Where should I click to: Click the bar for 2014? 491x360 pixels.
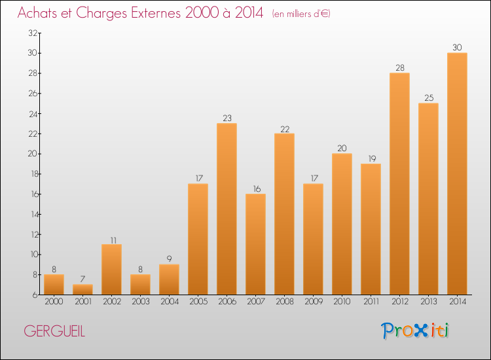[x=457, y=173]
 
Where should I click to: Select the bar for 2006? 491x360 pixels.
[x=227, y=209]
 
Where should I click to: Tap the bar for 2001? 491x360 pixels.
[x=82, y=289]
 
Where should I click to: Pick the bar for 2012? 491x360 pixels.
[x=399, y=183]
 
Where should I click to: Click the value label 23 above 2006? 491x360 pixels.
[x=227, y=118]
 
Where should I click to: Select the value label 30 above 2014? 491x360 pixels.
[x=457, y=48]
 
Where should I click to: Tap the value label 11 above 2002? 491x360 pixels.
[x=111, y=240]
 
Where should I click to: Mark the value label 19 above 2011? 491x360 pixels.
[x=371, y=159]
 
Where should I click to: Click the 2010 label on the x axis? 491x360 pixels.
[x=342, y=302]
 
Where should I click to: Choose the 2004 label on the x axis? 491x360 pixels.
[x=169, y=302]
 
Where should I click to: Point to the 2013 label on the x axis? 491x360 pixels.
[x=428, y=302]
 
